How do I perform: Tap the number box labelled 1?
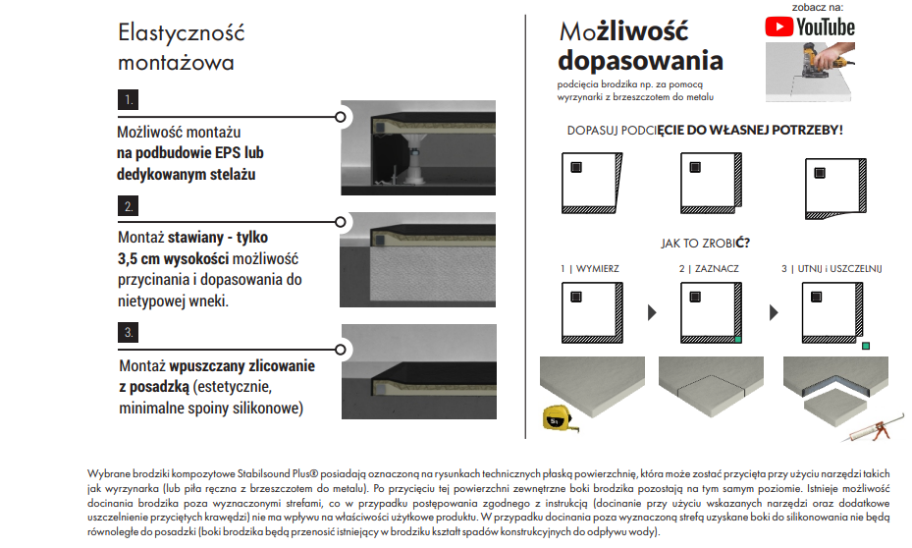[128, 99]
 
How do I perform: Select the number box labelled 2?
[128, 206]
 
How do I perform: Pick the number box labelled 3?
[128, 333]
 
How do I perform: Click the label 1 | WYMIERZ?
[589, 268]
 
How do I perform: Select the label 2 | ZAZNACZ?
[709, 268]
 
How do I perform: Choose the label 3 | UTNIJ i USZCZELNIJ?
[832, 268]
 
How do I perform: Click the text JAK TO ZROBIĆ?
[705, 242]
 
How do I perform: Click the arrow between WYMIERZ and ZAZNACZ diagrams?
[651, 313]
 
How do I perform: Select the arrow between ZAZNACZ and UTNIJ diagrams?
[774, 313]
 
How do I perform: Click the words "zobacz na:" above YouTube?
[817, 6]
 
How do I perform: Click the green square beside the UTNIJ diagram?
[864, 346]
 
